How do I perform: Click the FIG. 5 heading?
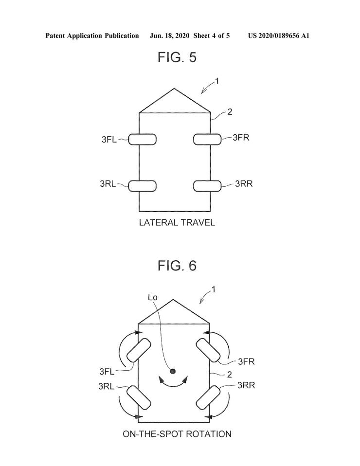[x=177, y=57]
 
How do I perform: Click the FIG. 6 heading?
[x=177, y=266]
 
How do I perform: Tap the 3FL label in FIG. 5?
[x=109, y=140]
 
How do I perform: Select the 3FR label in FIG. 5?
[x=241, y=137]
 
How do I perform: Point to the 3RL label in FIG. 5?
[x=108, y=184]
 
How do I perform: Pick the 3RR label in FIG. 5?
[x=244, y=184]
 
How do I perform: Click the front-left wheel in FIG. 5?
[x=143, y=140]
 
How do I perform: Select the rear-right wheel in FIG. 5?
[x=207, y=186]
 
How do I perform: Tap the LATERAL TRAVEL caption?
[x=177, y=223]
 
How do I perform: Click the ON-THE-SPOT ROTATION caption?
[x=177, y=434]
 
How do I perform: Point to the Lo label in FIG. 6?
[x=152, y=297]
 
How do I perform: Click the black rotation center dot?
[x=173, y=371]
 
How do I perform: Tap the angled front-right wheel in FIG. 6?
[x=208, y=350]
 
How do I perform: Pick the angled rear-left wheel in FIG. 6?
[x=139, y=397]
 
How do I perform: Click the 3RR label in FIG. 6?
[x=246, y=385]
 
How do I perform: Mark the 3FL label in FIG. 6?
[x=107, y=371]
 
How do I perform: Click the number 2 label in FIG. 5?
[x=230, y=112]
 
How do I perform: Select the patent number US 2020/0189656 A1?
[x=279, y=36]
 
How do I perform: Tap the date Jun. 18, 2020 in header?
[x=169, y=36]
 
